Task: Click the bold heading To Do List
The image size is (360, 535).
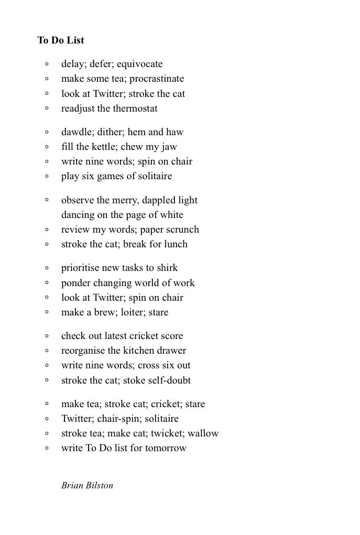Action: coord(60,40)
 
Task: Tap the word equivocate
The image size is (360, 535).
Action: coord(139,64)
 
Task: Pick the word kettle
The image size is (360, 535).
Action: coord(108,147)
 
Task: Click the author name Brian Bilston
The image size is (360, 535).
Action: coord(87,485)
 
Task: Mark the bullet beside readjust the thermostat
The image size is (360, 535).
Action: coord(47,108)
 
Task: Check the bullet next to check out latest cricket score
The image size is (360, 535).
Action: coord(47,336)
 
